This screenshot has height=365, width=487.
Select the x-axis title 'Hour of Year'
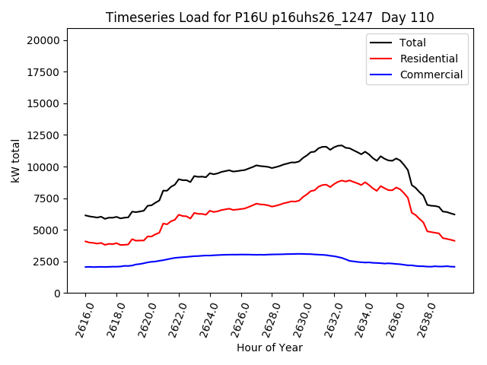coord(269,348)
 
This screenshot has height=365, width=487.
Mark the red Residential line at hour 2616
coord(85,241)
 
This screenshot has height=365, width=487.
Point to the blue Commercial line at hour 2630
coord(303,254)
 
